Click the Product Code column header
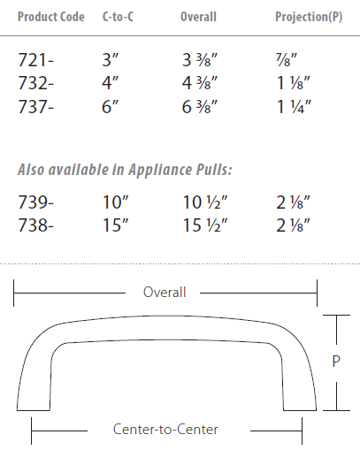[x=50, y=18]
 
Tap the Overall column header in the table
[x=198, y=18]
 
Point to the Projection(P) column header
[x=309, y=18]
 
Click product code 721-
[x=36, y=62]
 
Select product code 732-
[x=37, y=86]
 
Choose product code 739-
[x=37, y=202]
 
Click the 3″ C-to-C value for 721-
[x=111, y=62]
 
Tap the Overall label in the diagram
[x=165, y=293]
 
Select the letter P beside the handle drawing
[x=336, y=362]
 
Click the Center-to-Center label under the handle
[x=165, y=430]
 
